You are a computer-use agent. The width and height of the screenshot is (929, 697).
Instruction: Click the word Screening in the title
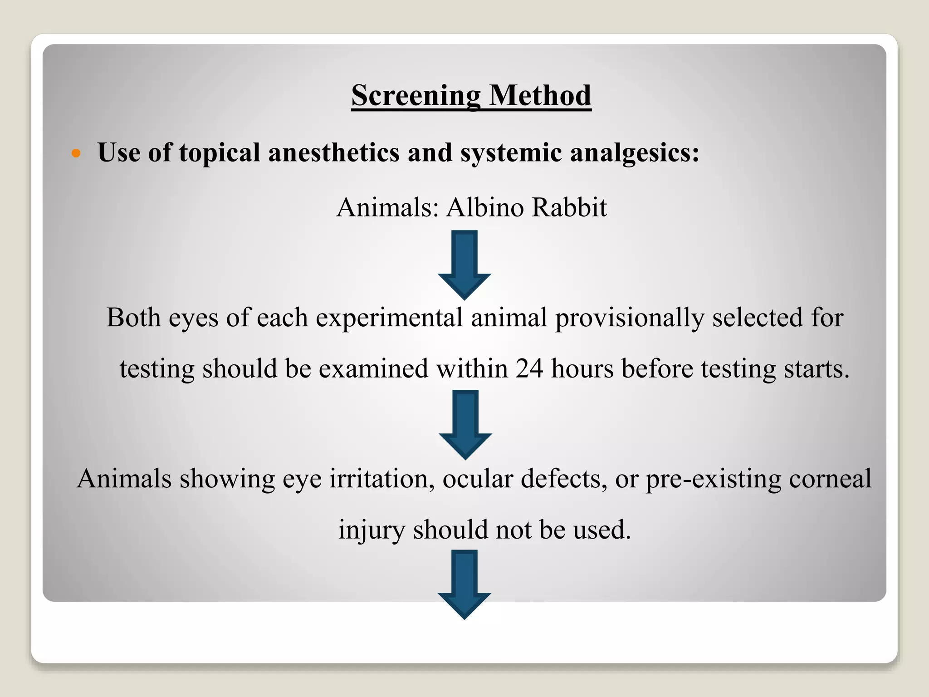coord(416,96)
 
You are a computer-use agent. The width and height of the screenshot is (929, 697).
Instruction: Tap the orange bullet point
coord(76,153)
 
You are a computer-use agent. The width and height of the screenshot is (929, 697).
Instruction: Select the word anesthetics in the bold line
coord(334,152)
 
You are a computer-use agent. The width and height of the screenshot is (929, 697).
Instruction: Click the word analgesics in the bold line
coord(634,152)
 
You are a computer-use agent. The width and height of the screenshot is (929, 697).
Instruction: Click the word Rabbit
coord(569,207)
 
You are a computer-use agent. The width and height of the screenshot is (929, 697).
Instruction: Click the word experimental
coord(389,317)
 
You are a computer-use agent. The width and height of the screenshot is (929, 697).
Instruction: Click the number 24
coord(529,368)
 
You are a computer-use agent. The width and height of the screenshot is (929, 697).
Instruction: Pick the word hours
coord(582,368)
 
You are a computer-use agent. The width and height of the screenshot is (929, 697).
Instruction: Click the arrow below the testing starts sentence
coord(465,424)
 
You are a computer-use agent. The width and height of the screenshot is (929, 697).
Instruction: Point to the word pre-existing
coord(713,479)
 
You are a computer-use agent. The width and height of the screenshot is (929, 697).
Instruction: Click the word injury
coord(372,530)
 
